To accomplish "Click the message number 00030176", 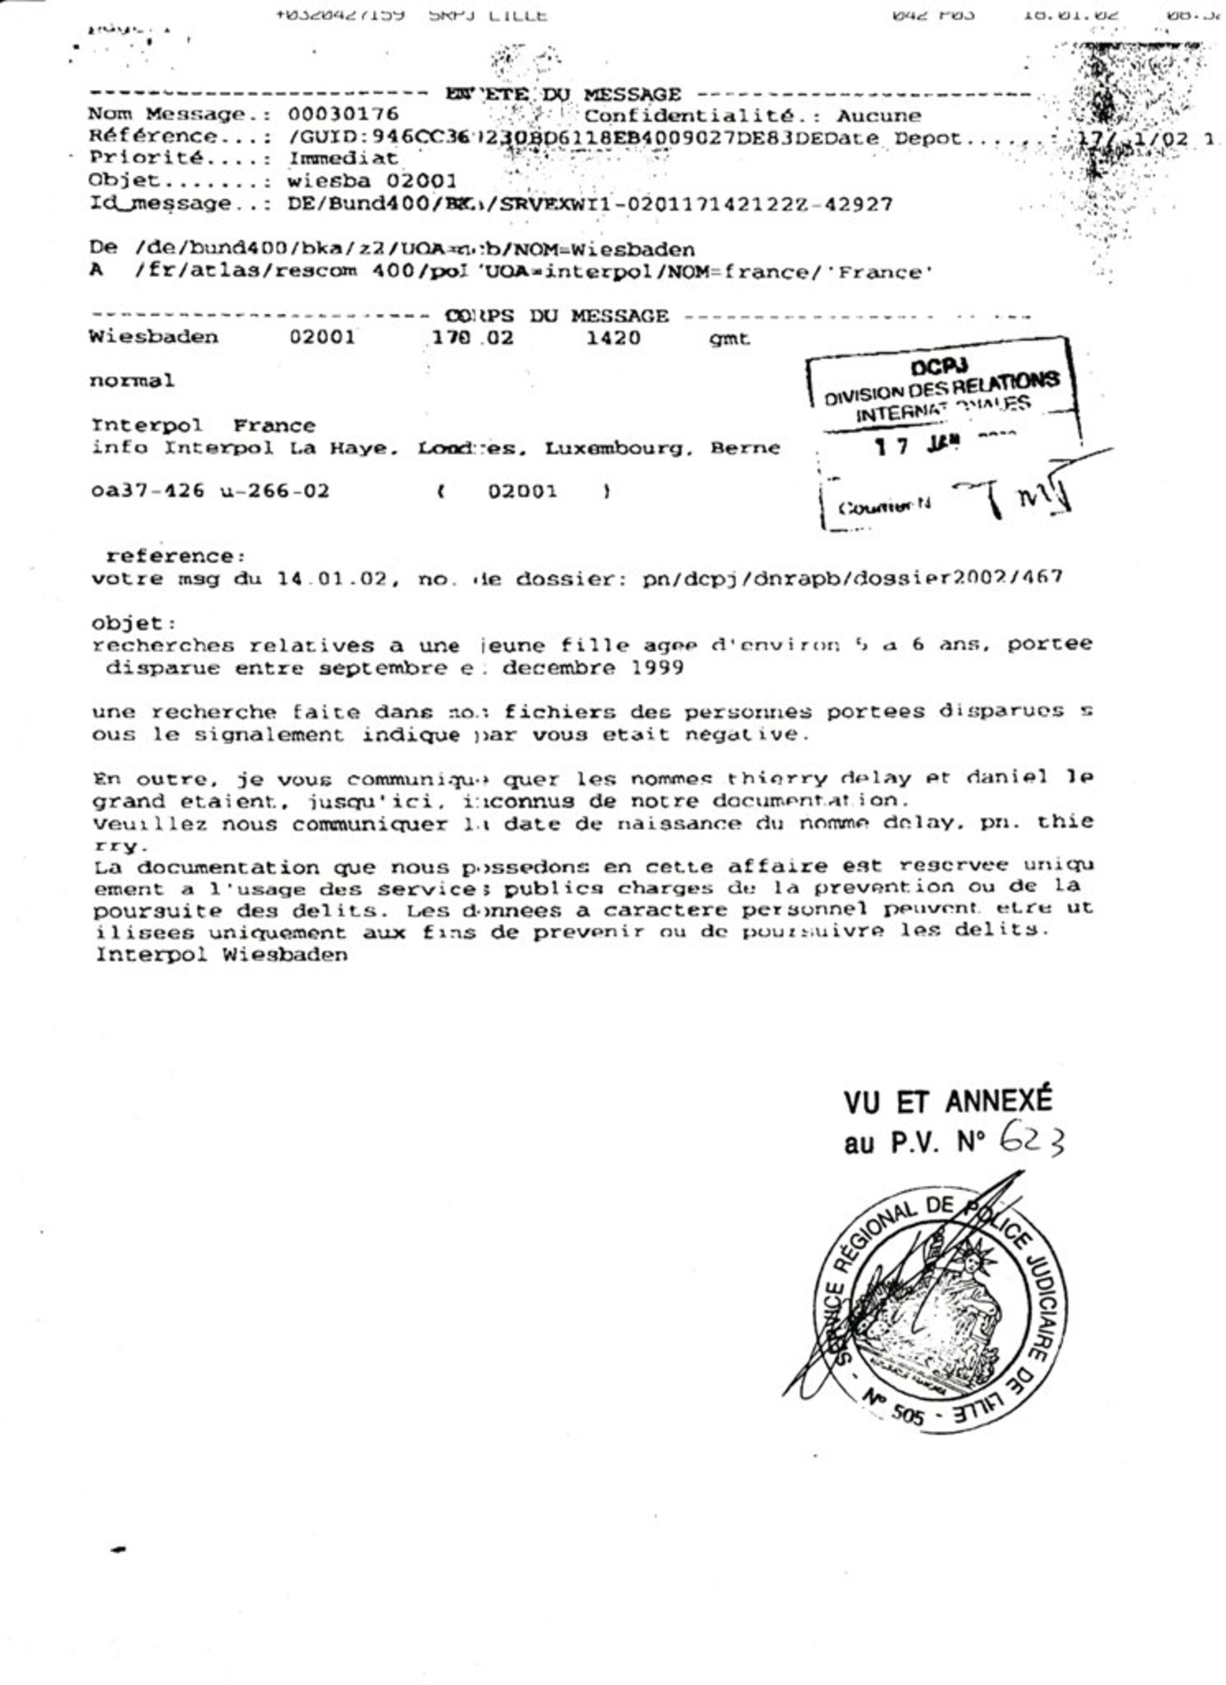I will tap(343, 114).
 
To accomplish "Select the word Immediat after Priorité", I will tap(343, 158).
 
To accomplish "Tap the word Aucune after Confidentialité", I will tap(879, 116).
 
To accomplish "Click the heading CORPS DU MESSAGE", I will tap(557, 316).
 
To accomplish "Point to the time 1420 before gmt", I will tap(613, 338).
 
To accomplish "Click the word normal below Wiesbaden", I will tap(132, 381).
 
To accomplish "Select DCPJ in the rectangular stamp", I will tap(938, 367).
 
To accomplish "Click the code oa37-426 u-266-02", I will tap(210, 491).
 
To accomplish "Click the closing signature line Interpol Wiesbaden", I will tap(221, 954).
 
